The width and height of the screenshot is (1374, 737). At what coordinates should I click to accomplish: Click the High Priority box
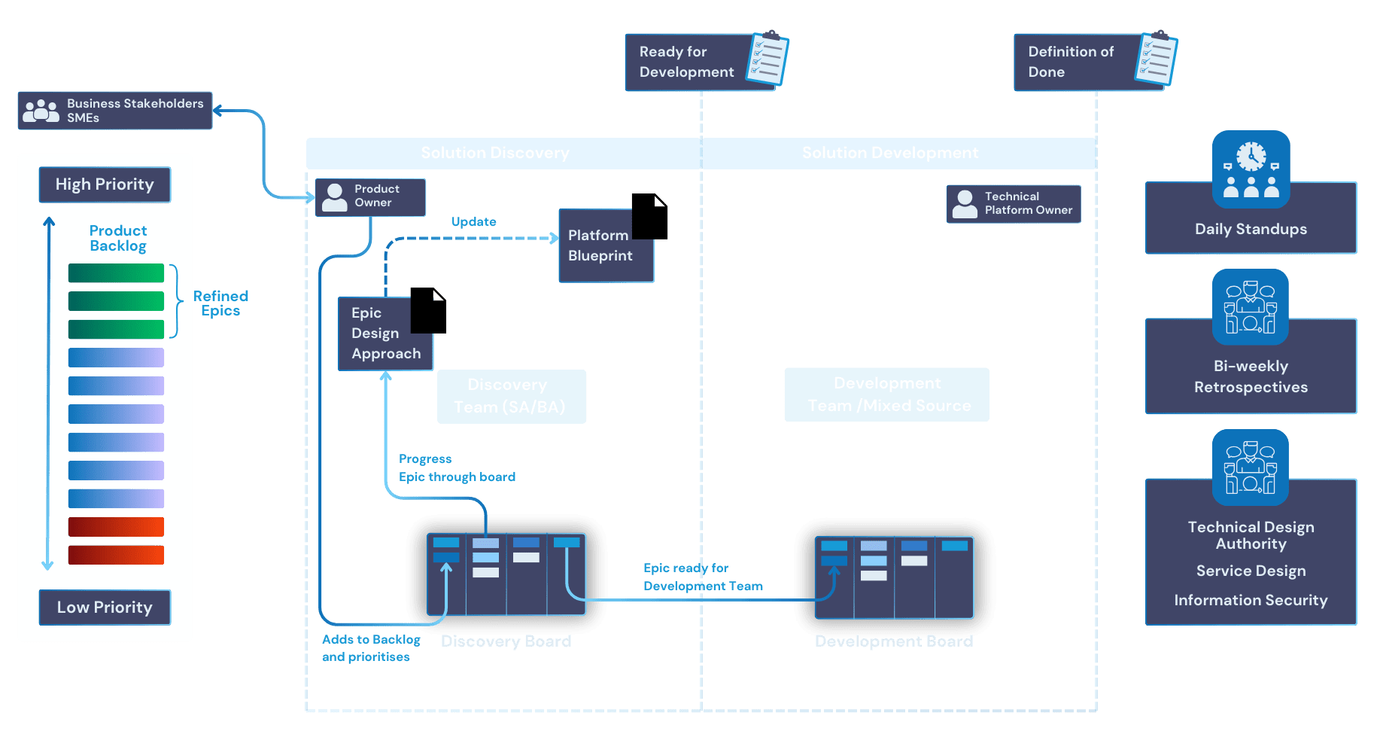(105, 184)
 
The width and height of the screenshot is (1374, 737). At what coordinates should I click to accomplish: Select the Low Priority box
(105, 607)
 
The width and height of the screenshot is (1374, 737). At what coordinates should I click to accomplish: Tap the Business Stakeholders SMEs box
(115, 111)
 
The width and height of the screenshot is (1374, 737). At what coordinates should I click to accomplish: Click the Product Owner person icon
(334, 196)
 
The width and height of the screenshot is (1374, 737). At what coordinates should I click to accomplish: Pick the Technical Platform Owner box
(1013, 203)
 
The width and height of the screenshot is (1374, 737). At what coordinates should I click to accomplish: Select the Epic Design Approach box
(385, 333)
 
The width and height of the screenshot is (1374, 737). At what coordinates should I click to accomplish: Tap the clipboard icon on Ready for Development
(768, 58)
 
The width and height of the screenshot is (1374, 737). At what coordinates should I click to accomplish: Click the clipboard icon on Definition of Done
(1157, 58)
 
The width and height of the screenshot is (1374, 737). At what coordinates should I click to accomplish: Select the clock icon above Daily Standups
(1251, 157)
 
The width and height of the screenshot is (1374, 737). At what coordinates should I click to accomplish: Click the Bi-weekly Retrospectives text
(1251, 376)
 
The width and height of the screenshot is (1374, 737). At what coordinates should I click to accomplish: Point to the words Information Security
(1251, 600)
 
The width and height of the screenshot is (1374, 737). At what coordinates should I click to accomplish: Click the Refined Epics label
(220, 303)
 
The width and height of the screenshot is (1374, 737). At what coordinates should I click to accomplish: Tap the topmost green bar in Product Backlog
(116, 273)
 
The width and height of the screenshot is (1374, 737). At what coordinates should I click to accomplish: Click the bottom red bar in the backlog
(116, 555)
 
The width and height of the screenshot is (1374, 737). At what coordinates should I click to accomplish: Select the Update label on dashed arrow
(473, 221)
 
